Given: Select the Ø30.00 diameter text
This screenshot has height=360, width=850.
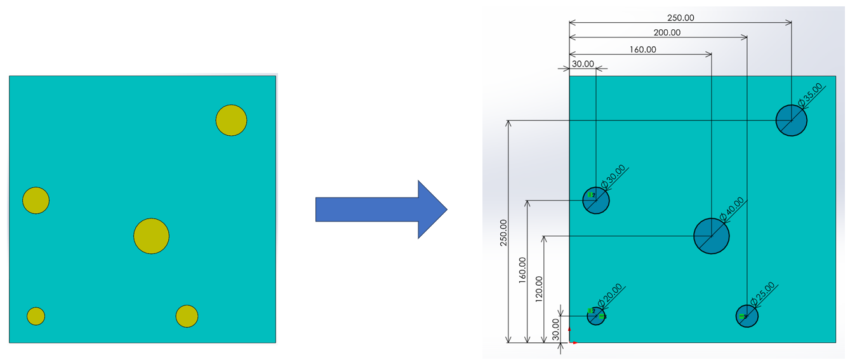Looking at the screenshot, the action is tap(613, 177).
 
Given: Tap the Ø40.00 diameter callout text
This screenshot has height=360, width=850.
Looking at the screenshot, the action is tap(732, 210).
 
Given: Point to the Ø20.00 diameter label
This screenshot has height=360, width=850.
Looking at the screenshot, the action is tap(610, 295).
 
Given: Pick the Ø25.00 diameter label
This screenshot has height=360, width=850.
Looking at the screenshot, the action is tap(762, 294).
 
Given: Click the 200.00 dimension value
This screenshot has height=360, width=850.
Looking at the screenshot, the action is tap(667, 32).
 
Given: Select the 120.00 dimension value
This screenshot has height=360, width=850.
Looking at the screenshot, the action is tap(539, 289).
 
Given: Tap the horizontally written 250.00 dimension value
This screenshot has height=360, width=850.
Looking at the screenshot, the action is tap(681, 18).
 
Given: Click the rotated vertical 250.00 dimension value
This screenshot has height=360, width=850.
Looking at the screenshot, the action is tap(503, 232).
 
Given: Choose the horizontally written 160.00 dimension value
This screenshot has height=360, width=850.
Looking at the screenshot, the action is tap(643, 50).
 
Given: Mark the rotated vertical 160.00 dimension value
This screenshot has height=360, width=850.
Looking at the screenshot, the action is tap(522, 270).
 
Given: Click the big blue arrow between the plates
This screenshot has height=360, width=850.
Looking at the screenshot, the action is tap(382, 210).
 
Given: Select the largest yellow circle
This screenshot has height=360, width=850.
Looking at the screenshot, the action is tap(152, 236).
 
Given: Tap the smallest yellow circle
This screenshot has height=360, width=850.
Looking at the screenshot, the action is tap(36, 316).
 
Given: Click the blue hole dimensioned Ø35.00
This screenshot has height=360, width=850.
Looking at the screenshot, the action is tap(792, 120).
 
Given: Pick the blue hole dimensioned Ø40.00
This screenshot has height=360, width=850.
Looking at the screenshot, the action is tap(712, 236).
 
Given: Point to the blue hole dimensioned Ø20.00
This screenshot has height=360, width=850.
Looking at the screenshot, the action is tap(596, 316).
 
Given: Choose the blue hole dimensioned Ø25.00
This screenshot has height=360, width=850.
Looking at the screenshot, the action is tap(747, 316).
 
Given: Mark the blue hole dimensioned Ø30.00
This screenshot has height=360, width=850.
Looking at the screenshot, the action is tap(596, 200).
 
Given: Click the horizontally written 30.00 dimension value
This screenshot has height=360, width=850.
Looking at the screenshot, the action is tap(583, 63).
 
